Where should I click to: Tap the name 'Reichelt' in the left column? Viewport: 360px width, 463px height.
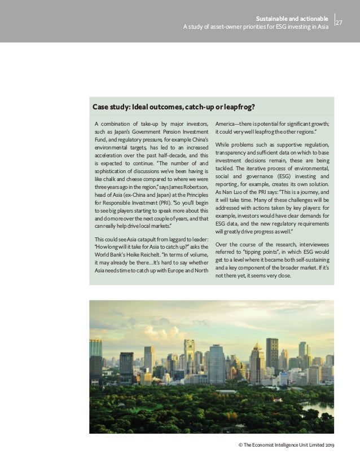pyautogui.click(x=146, y=246)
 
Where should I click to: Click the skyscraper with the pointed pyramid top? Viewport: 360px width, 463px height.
pyautogui.click(x=257, y=361)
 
